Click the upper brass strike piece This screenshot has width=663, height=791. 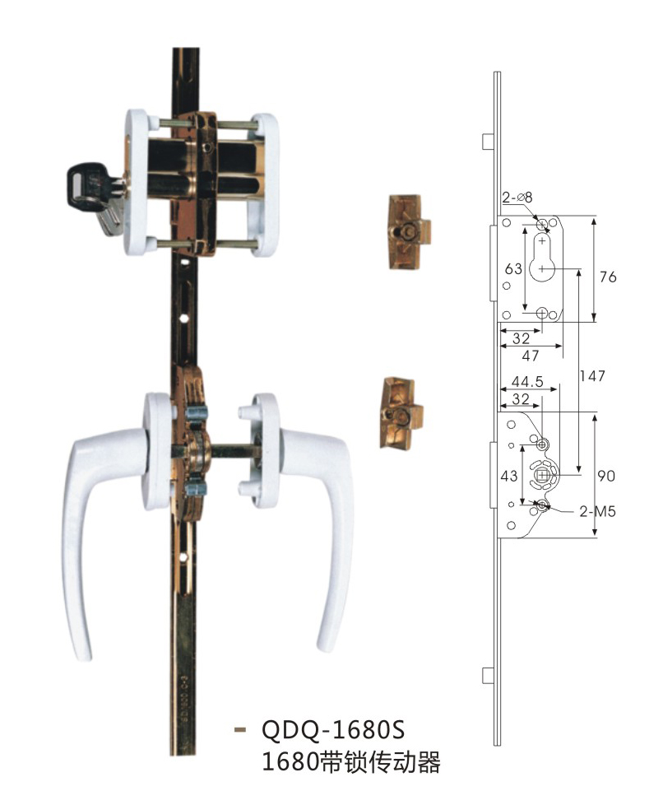pyautogui.click(x=410, y=232)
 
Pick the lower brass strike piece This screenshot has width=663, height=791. pyautogui.click(x=401, y=412)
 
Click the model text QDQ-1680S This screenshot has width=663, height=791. pyautogui.click(x=333, y=730)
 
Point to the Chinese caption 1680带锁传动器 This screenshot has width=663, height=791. pyautogui.click(x=351, y=761)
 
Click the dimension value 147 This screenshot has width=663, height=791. pyautogui.click(x=592, y=376)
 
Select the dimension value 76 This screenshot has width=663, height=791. pyautogui.click(x=608, y=277)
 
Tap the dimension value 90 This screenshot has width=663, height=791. pyautogui.click(x=606, y=476)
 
